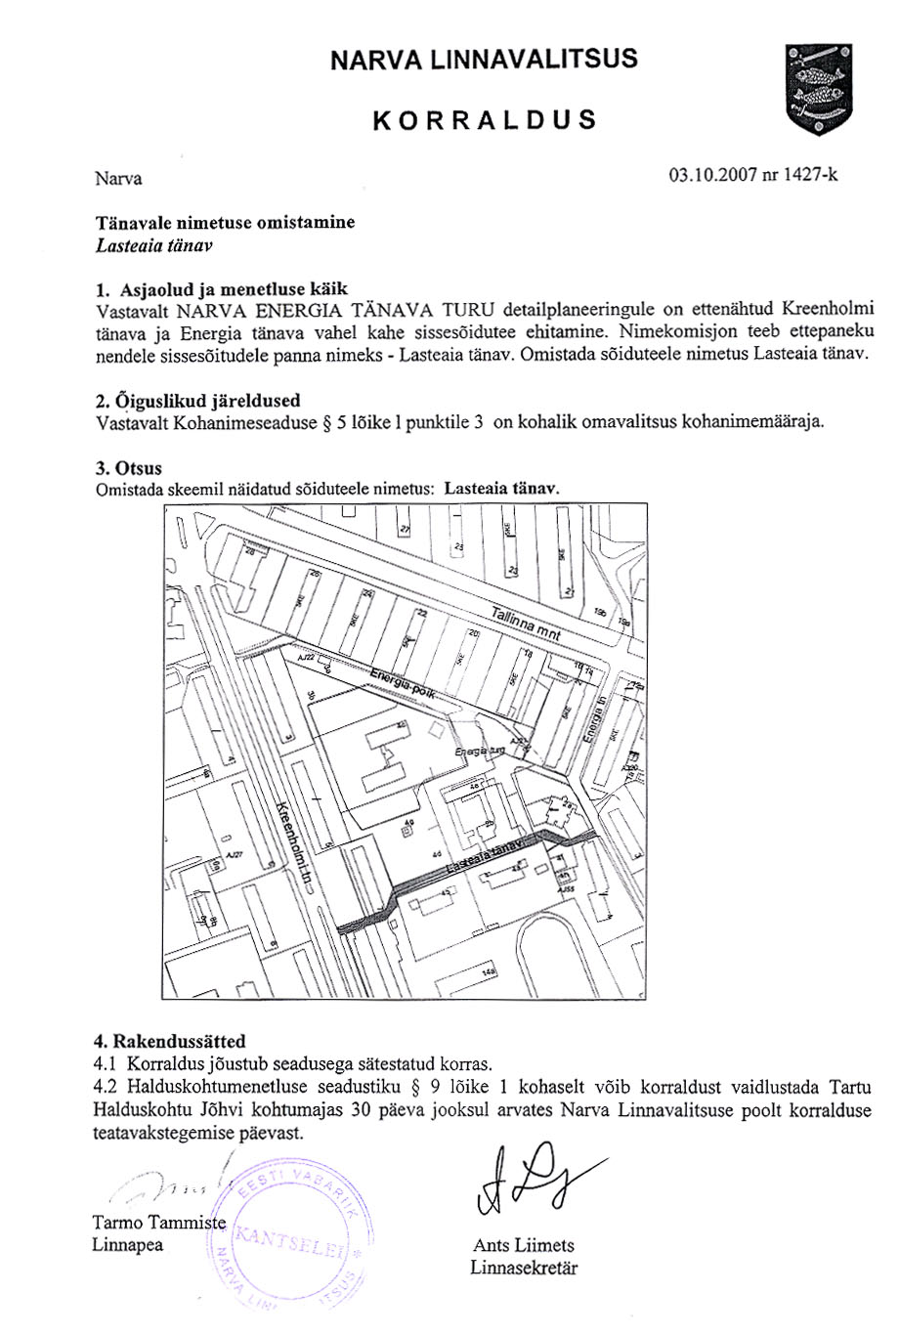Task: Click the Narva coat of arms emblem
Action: [819, 90]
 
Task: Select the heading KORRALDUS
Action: [484, 120]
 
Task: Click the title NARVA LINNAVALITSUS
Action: [484, 59]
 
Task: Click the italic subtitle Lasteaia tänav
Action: [154, 245]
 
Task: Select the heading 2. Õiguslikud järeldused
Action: [197, 401]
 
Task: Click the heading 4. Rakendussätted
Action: [169, 1041]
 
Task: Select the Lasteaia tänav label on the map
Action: [486, 856]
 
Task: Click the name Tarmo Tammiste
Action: [159, 1223]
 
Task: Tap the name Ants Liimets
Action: [524, 1245]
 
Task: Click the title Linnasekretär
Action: [524, 1269]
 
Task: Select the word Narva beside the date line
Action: [118, 179]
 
